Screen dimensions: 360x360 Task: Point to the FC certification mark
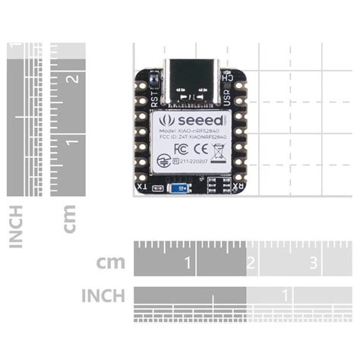[x=181, y=148]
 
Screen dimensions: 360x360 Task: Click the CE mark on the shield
[x=202, y=148]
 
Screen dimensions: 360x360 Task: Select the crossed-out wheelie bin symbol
[x=219, y=148]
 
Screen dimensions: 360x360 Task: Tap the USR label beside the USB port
[x=226, y=97]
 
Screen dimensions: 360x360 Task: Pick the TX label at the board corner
[x=141, y=186]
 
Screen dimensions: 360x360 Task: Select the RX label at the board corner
[x=238, y=186]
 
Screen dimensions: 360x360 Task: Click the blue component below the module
[x=179, y=187]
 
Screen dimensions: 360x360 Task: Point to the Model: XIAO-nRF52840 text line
[x=190, y=131]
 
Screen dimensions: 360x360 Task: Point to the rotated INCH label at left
[x=16, y=226]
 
